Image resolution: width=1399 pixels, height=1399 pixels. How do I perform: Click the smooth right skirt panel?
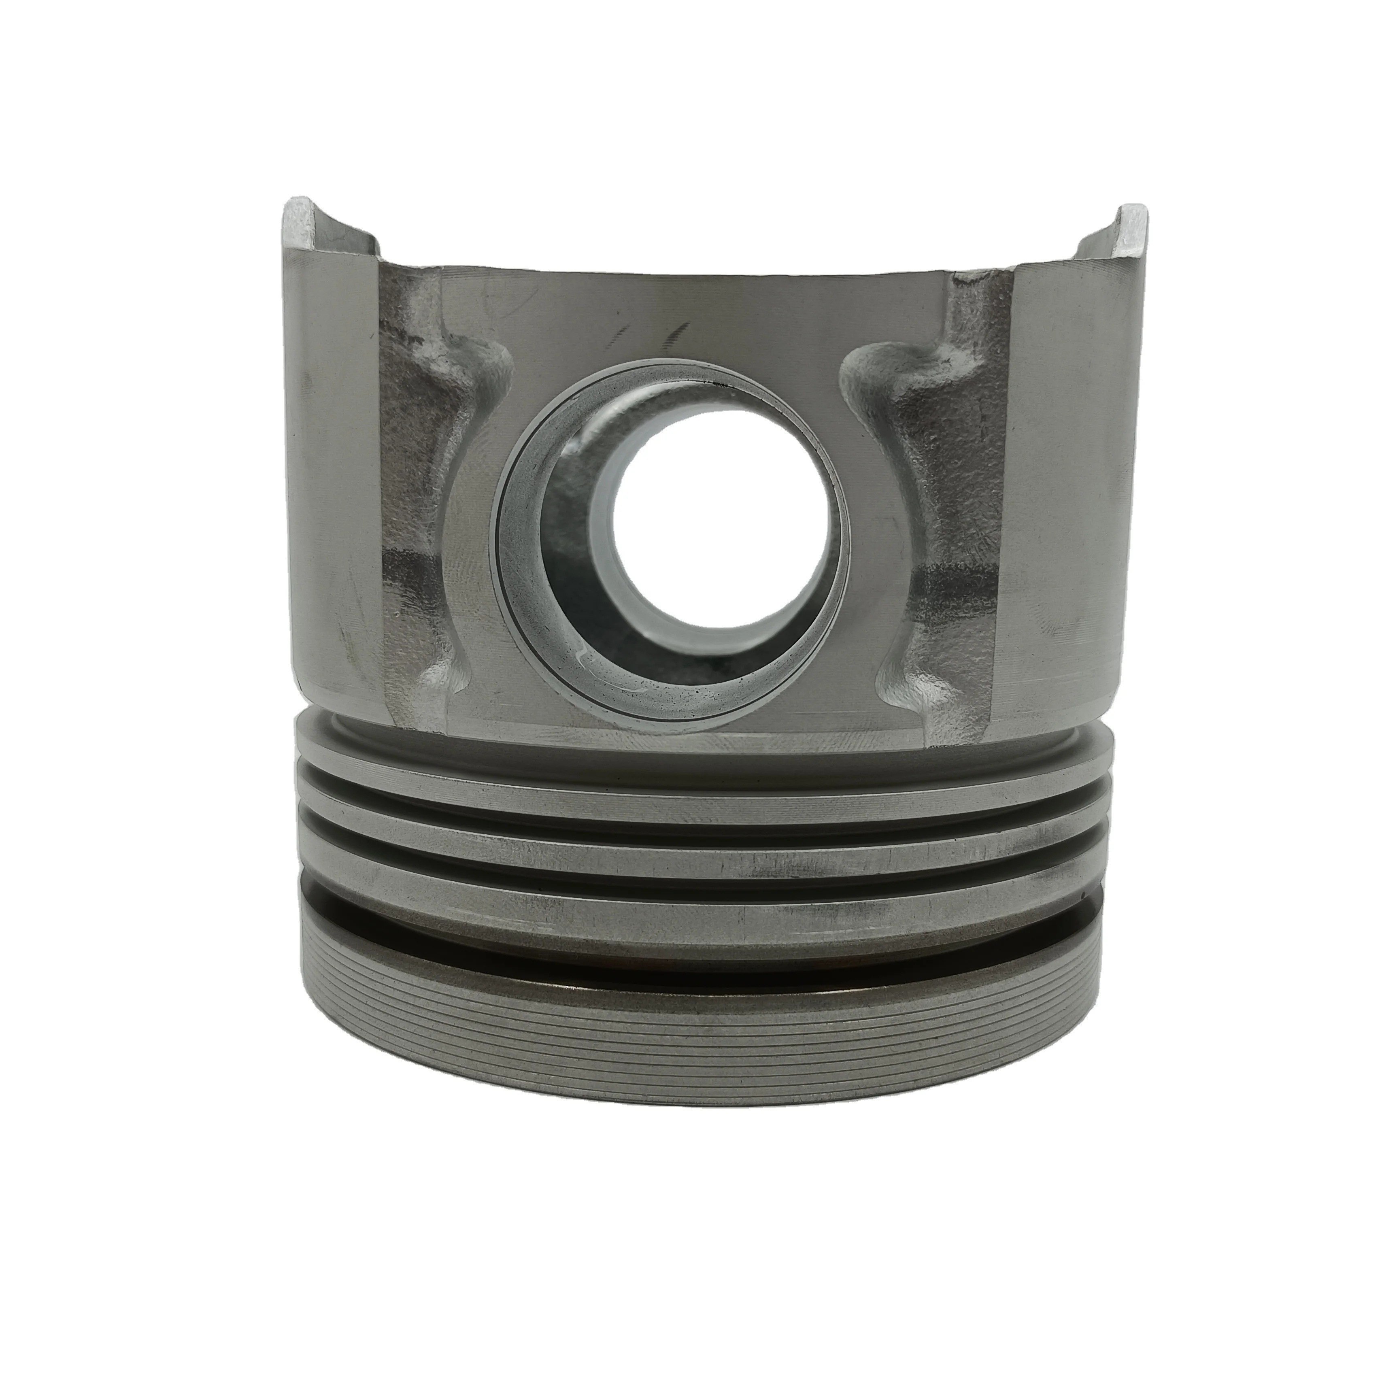pos(1065,507)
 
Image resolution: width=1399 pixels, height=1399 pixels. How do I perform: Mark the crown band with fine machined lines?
pos(695,1014)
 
